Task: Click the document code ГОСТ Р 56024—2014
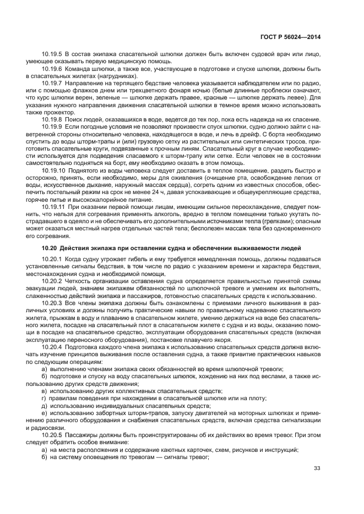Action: (x=290, y=37)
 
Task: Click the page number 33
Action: (x=317, y=468)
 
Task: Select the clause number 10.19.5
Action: (x=52, y=54)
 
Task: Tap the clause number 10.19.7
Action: (x=52, y=83)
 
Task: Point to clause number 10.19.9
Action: (x=52, y=126)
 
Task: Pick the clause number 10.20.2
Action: (x=52, y=281)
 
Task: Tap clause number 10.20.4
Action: (x=52, y=348)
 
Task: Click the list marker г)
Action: (x=44, y=399)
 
